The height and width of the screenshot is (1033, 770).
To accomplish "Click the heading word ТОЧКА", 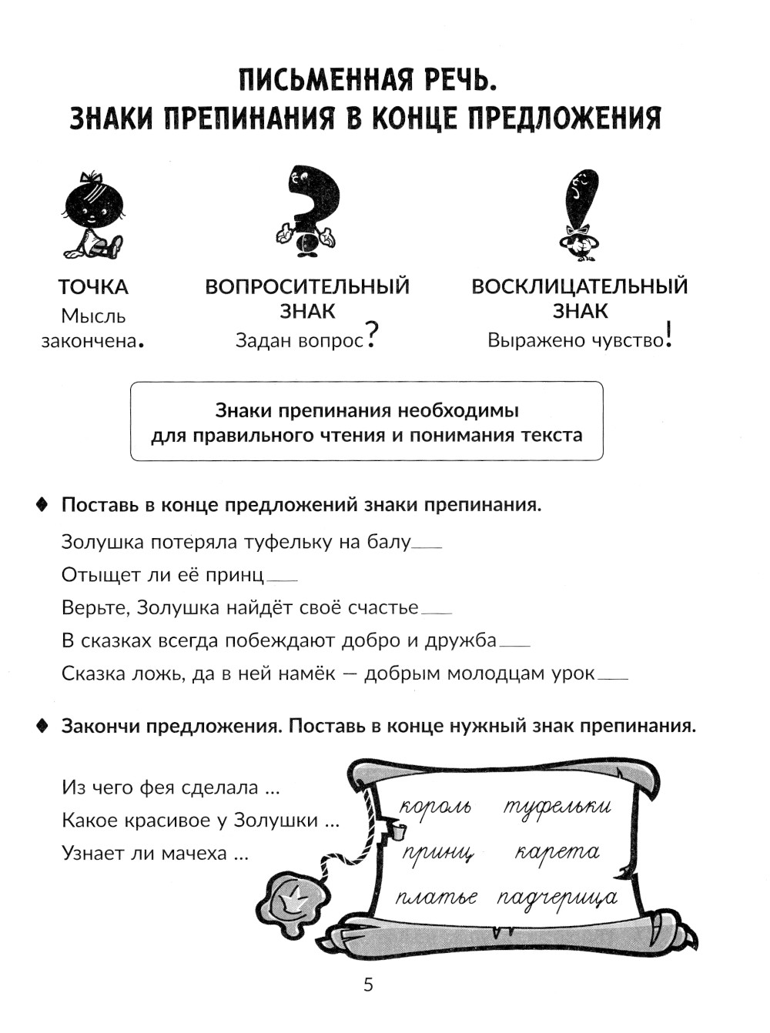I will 93,287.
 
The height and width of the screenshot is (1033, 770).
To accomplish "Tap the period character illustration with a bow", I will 92,214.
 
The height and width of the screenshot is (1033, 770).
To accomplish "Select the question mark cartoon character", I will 307,209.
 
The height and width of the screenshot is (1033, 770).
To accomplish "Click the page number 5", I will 368,985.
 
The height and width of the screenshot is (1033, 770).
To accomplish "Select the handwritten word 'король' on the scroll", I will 435,807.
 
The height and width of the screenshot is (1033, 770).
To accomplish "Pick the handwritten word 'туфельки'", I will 557,806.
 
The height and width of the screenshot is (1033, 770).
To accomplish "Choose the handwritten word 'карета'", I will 557,852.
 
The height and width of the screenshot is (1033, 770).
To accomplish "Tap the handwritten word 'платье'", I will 437,898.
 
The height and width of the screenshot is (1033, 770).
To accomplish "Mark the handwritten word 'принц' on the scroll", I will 437,853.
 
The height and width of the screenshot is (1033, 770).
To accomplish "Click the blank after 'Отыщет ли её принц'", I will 282,580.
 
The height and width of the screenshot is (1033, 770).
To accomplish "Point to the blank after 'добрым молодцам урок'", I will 613,678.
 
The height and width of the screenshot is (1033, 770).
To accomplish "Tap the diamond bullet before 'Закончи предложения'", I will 43,726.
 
